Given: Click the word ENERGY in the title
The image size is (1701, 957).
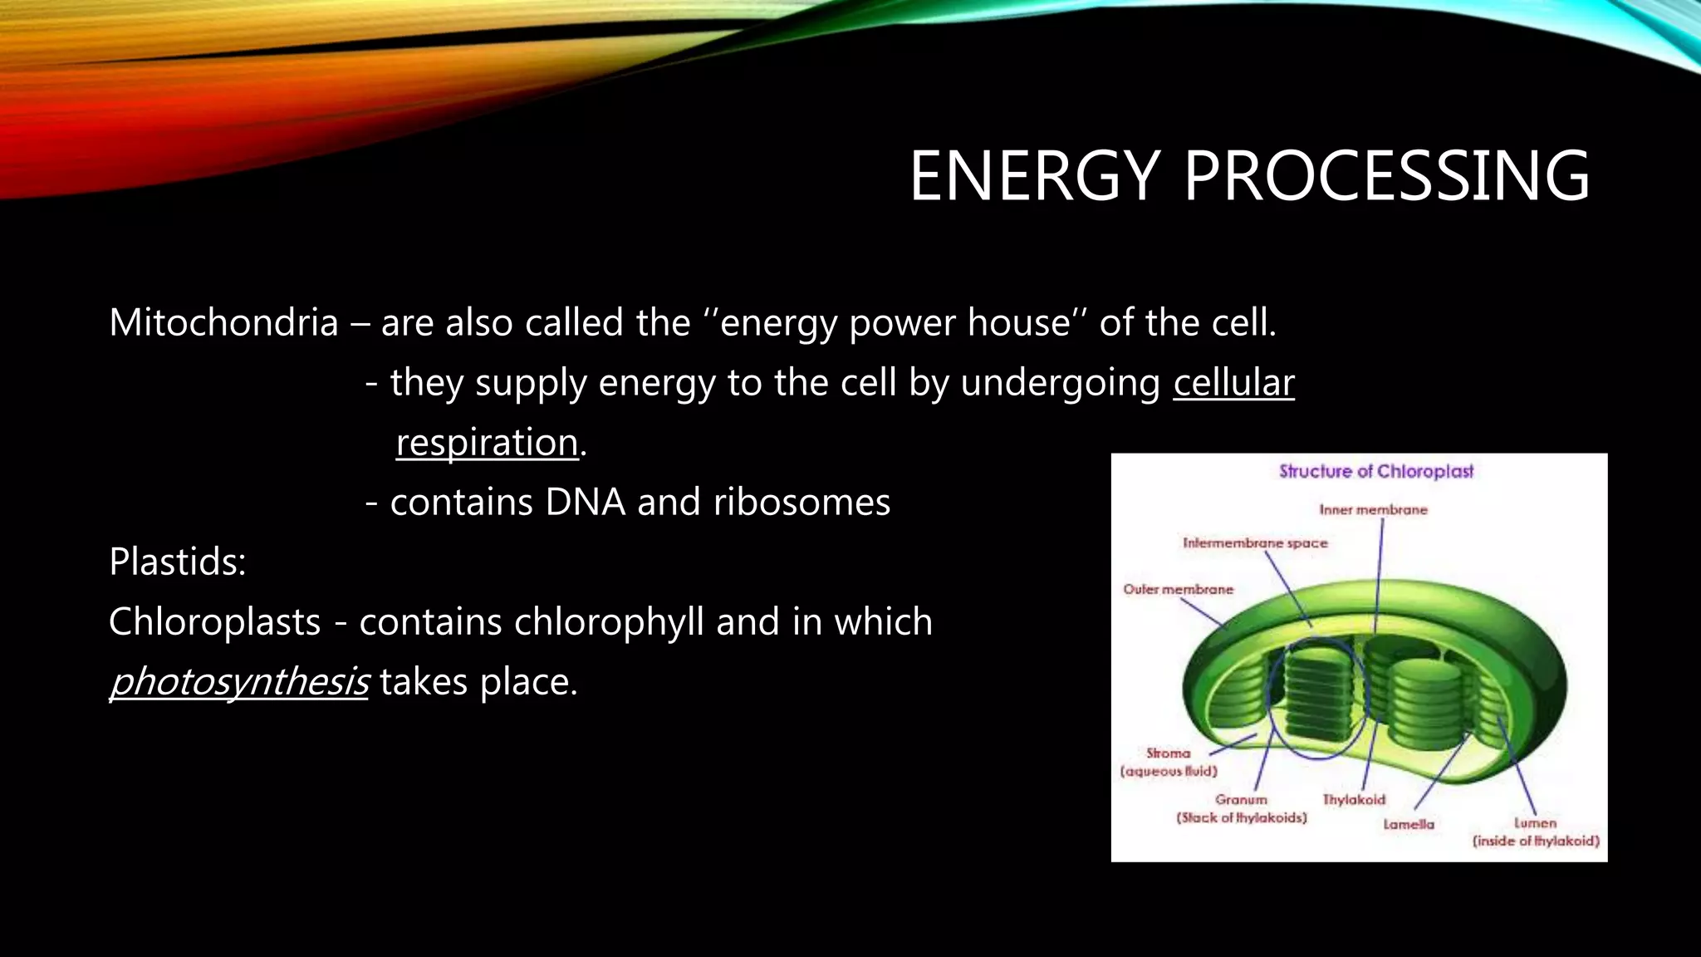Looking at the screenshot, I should [x=1034, y=176].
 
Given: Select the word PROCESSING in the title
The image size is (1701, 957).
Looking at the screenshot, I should [x=1386, y=176].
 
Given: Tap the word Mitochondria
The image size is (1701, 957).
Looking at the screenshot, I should [x=223, y=322].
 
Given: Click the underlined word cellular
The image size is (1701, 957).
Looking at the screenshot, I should [x=1233, y=383].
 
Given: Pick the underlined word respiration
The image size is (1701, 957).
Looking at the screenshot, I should [x=487, y=443].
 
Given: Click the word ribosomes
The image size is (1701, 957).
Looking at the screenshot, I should [x=801, y=502].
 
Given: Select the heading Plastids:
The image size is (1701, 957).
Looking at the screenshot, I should [x=177, y=562].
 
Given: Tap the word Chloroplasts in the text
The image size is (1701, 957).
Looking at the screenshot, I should [x=214, y=621].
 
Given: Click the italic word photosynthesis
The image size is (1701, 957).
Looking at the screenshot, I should [x=238, y=682].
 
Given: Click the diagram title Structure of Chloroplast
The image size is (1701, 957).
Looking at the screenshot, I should [x=1375, y=471].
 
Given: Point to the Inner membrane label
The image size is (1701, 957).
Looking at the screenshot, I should [x=1373, y=509].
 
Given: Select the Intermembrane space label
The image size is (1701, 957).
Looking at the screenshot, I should [x=1255, y=542].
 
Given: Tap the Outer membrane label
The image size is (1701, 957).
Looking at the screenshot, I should [x=1178, y=589].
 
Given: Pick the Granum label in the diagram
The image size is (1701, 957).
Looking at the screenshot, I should [x=1241, y=799].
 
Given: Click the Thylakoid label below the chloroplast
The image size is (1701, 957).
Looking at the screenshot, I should [x=1354, y=799].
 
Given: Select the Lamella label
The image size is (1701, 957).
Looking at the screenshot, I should [x=1409, y=824].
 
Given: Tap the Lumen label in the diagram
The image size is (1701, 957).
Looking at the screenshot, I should [x=1535, y=822].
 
